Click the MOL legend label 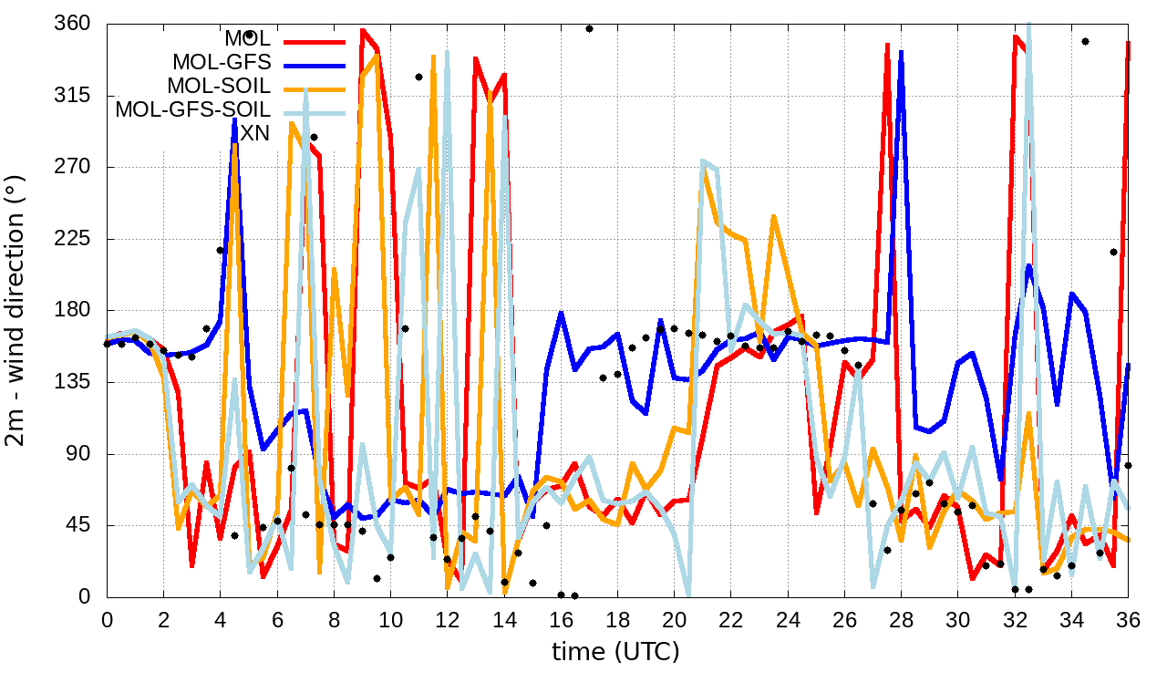(x=247, y=39)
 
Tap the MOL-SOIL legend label (x=218, y=87)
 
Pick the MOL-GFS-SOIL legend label (x=192, y=110)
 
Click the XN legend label (x=254, y=133)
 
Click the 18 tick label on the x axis (x=617, y=619)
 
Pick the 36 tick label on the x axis (x=1128, y=619)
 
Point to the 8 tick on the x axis (x=334, y=619)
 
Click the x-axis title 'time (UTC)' (x=615, y=652)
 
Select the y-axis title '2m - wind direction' (x=18, y=310)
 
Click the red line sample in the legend (x=315, y=40)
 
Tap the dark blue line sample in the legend (x=315, y=64)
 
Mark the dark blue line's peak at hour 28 (x=901, y=52)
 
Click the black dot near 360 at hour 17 (x=589, y=28)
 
